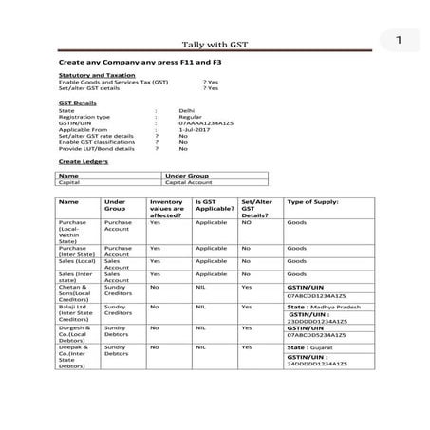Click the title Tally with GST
tap(214, 43)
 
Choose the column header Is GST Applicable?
tap(213, 206)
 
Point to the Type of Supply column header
tap(313, 202)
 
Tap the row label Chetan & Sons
tap(75, 290)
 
